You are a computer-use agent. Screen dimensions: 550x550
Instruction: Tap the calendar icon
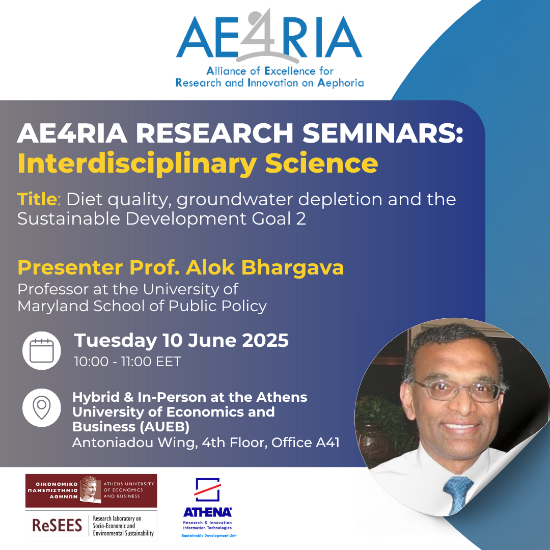click(41, 350)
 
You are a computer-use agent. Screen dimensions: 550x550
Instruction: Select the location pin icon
click(41, 407)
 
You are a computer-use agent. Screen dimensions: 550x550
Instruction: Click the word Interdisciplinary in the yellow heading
click(137, 164)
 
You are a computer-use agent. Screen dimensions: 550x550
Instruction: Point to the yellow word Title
click(37, 199)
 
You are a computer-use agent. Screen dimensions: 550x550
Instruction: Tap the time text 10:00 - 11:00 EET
click(127, 361)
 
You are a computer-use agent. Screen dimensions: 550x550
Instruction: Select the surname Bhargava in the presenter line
click(292, 268)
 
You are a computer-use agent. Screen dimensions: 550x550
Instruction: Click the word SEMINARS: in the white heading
click(382, 133)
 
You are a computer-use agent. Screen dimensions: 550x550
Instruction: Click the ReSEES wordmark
click(57, 526)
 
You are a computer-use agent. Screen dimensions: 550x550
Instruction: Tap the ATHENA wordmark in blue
click(207, 512)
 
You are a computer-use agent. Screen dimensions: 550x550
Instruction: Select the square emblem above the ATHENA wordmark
click(207, 490)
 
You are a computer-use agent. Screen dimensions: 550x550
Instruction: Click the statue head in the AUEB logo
click(90, 489)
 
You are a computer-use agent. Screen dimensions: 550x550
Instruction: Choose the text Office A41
click(305, 443)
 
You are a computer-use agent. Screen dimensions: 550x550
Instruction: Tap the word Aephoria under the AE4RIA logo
click(340, 83)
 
